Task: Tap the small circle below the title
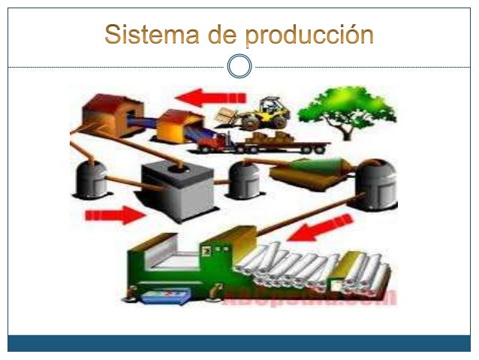239,67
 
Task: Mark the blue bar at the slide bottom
239,343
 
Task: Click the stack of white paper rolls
308,267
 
